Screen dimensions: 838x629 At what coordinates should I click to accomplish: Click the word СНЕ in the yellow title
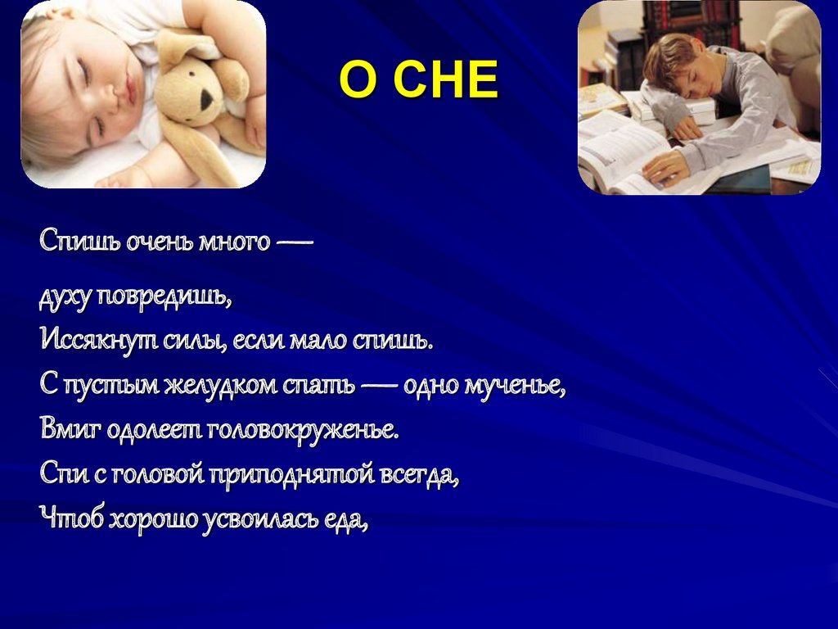(445, 80)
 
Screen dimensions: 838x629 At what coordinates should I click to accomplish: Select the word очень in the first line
(159, 242)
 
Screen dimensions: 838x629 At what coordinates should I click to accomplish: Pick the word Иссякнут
(99, 339)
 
